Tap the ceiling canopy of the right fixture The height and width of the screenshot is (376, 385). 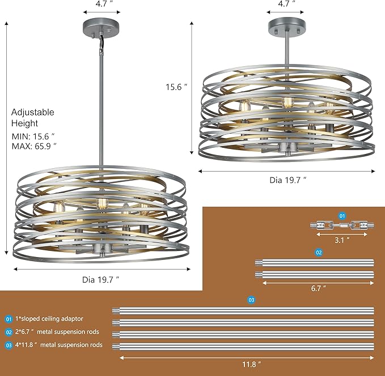point(286,26)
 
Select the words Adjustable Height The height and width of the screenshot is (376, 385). point(32,117)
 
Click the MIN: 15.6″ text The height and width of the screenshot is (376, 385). point(33,136)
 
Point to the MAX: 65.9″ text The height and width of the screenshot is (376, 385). point(34,146)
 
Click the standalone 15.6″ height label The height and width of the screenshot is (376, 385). point(176,87)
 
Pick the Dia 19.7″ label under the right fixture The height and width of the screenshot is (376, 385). point(287,180)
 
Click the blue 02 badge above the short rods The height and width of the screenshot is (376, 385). point(319,253)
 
